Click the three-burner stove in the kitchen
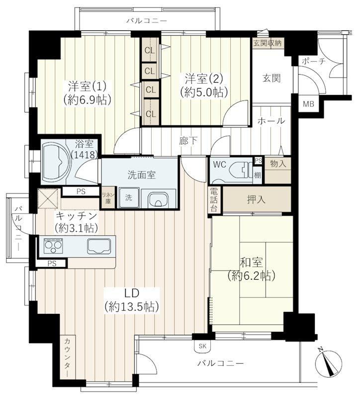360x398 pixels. tap(53, 245)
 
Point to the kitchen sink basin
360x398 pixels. tap(98, 246)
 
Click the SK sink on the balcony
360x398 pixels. tap(202, 346)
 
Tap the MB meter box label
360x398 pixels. tap(309, 104)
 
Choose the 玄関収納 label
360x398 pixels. tap(268, 43)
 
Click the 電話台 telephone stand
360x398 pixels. tap(214, 200)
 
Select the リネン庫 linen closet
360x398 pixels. tap(108, 197)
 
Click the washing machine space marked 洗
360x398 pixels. tap(129, 198)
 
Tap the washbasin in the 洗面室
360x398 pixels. tap(158, 199)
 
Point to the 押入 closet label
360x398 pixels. tap(256, 199)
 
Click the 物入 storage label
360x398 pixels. tap(278, 164)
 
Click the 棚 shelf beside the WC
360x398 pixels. tap(257, 175)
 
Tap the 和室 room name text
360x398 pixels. tap(252, 263)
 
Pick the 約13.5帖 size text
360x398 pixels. tap(132, 307)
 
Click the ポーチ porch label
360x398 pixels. tap(314, 61)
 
